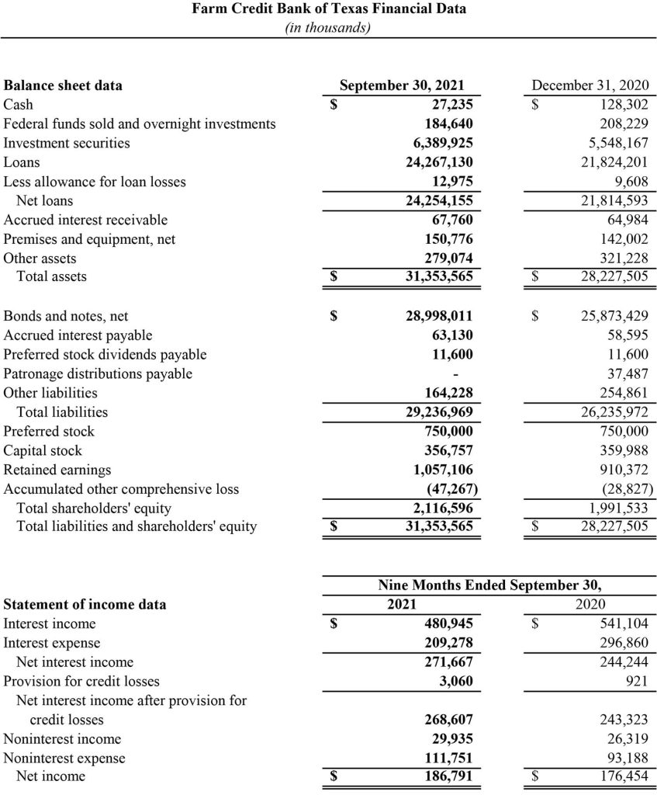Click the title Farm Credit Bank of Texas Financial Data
point(328,10)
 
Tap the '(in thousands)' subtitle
point(328,28)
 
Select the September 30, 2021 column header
point(402,86)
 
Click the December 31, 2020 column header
point(590,86)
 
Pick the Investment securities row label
point(67,143)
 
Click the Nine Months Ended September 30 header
point(489,585)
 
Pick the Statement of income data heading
point(85,604)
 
